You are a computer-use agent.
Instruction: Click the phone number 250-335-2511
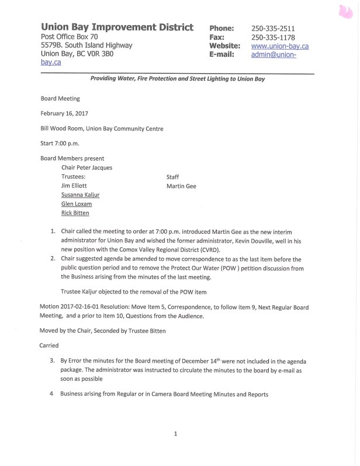[272, 28]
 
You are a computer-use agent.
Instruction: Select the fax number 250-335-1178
[272, 37]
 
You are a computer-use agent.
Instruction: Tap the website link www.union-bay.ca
[280, 46]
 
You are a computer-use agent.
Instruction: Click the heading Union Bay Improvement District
[117, 27]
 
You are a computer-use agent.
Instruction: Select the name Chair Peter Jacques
[86, 167]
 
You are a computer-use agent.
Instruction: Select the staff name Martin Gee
[182, 187]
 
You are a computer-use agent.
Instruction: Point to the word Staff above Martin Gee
[173, 176]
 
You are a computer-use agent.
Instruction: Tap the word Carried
[49, 346]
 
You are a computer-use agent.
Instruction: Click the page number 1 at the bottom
[176, 433]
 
